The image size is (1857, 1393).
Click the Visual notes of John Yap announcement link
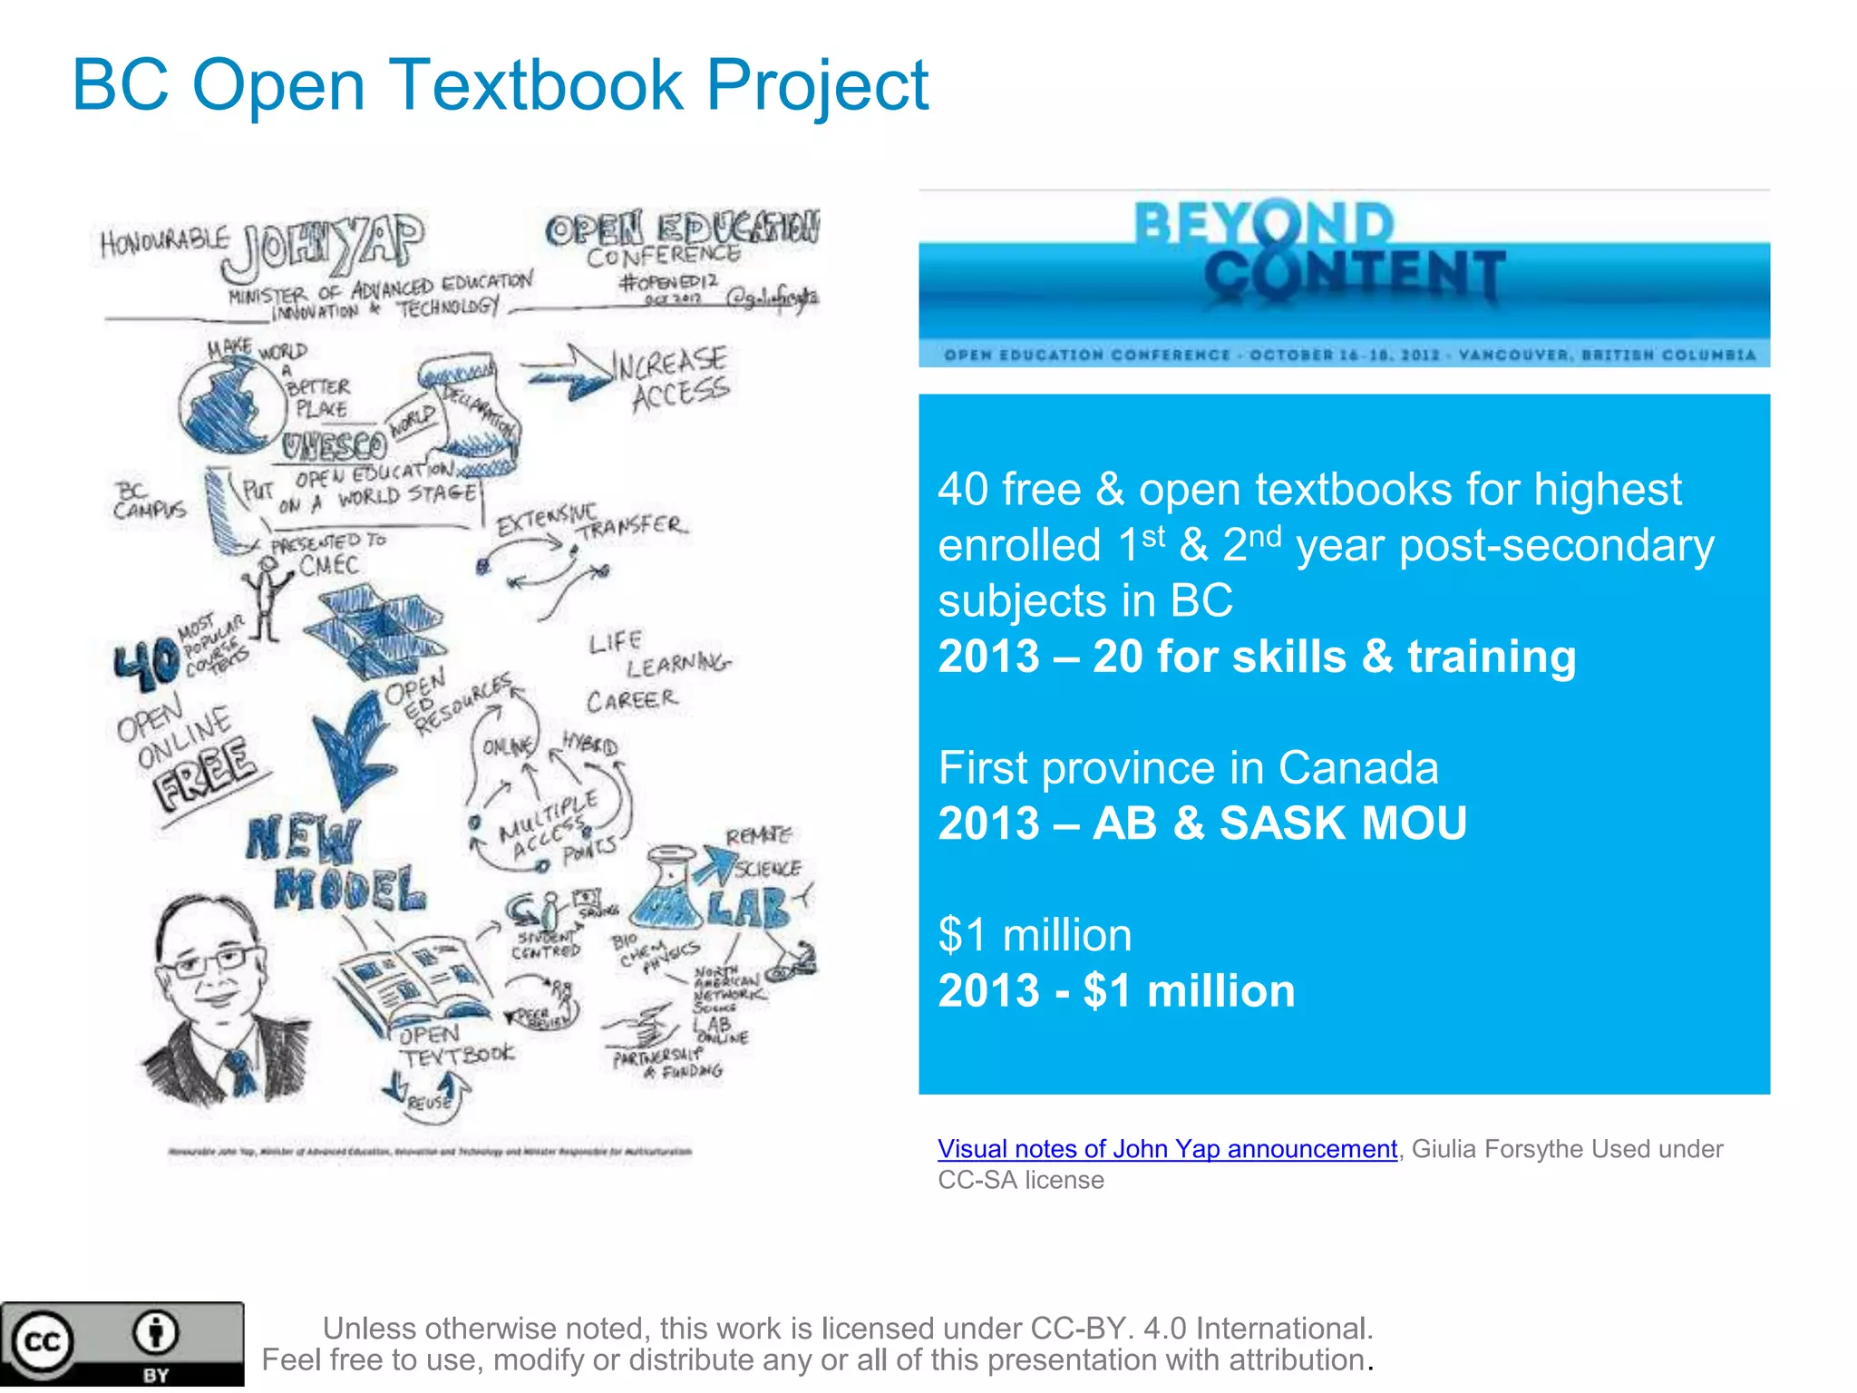click(1167, 1149)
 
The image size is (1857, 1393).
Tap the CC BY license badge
click(122, 1344)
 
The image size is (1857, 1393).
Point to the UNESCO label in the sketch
click(334, 445)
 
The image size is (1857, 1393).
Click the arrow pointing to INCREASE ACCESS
click(569, 372)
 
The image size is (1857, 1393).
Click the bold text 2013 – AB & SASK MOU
click(1201, 823)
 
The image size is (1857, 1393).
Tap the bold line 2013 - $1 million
click(1116, 990)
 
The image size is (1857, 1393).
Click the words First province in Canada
click(1188, 768)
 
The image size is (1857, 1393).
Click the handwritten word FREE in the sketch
click(205, 772)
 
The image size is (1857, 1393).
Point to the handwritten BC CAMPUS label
click(149, 501)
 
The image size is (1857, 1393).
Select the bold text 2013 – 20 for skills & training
click(1257, 657)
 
